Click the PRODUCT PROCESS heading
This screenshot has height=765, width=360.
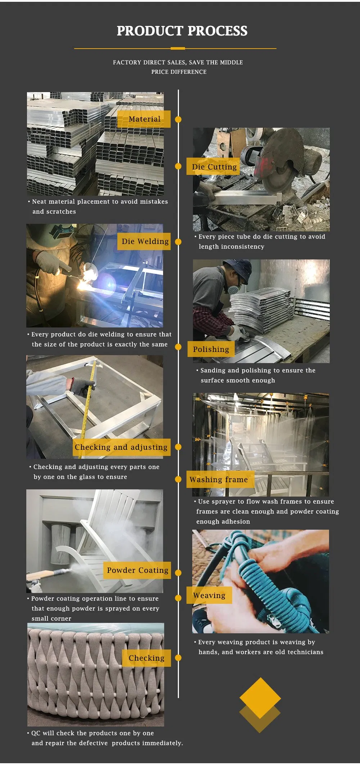point(182,31)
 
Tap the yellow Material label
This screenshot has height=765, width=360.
point(144,119)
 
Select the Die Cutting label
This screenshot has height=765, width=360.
point(213,167)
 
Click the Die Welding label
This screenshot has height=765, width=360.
point(144,241)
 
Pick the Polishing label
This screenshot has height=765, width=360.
point(211,349)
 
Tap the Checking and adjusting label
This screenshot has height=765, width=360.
point(121,447)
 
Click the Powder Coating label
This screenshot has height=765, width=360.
point(137,570)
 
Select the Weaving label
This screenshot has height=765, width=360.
point(209,595)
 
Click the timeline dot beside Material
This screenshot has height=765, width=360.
point(178,119)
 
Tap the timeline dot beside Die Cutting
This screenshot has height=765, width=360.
point(178,166)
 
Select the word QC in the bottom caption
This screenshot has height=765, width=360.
point(36,733)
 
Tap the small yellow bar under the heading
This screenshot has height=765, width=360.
point(177,48)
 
